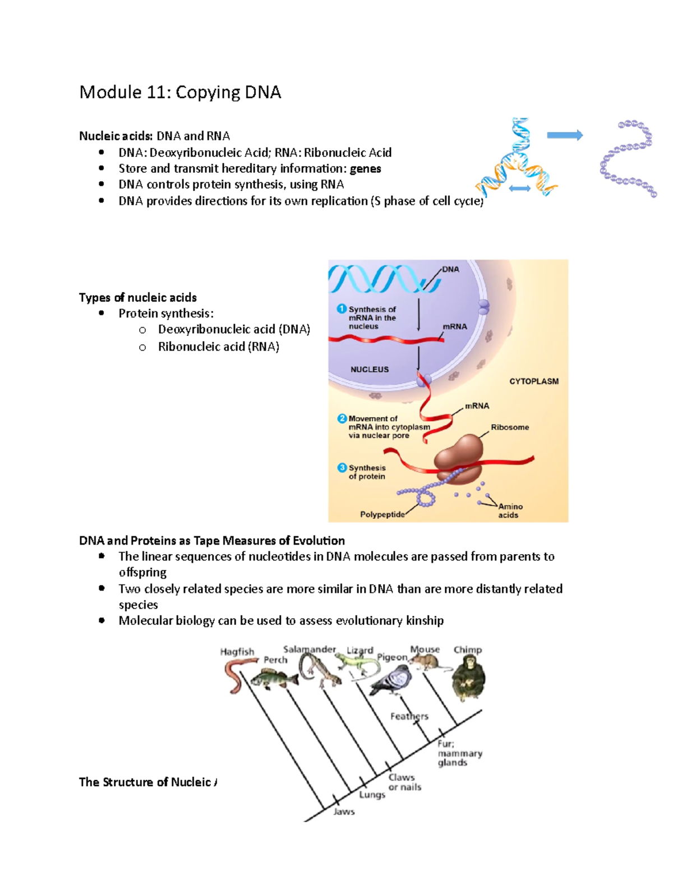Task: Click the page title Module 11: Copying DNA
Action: click(x=180, y=92)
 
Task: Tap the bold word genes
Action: click(x=365, y=169)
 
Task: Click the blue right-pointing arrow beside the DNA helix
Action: click(x=564, y=135)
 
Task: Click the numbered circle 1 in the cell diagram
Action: click(x=342, y=309)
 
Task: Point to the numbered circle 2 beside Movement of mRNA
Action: click(x=342, y=418)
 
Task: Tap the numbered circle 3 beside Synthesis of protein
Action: click(x=342, y=468)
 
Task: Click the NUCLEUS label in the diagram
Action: click(x=370, y=370)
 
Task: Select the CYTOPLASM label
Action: click(x=533, y=381)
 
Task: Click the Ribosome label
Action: click(x=510, y=427)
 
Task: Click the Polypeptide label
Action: click(x=382, y=514)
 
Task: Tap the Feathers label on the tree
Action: click(x=409, y=716)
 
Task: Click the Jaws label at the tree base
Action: click(x=344, y=812)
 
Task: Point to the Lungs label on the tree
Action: click(x=372, y=795)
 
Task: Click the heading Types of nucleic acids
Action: click(x=138, y=298)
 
